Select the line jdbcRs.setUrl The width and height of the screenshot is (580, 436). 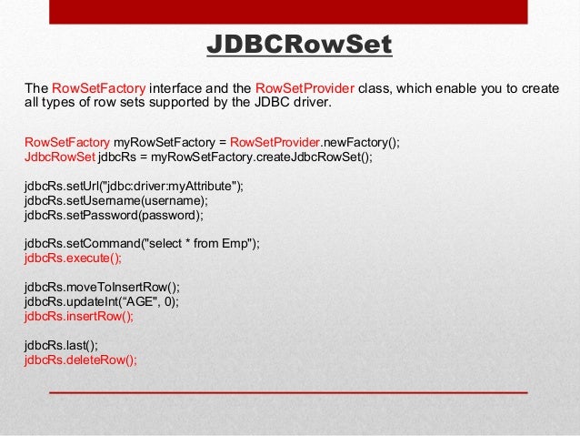135,187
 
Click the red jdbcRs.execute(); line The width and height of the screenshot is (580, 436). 73,258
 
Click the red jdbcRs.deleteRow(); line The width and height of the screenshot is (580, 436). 81,359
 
